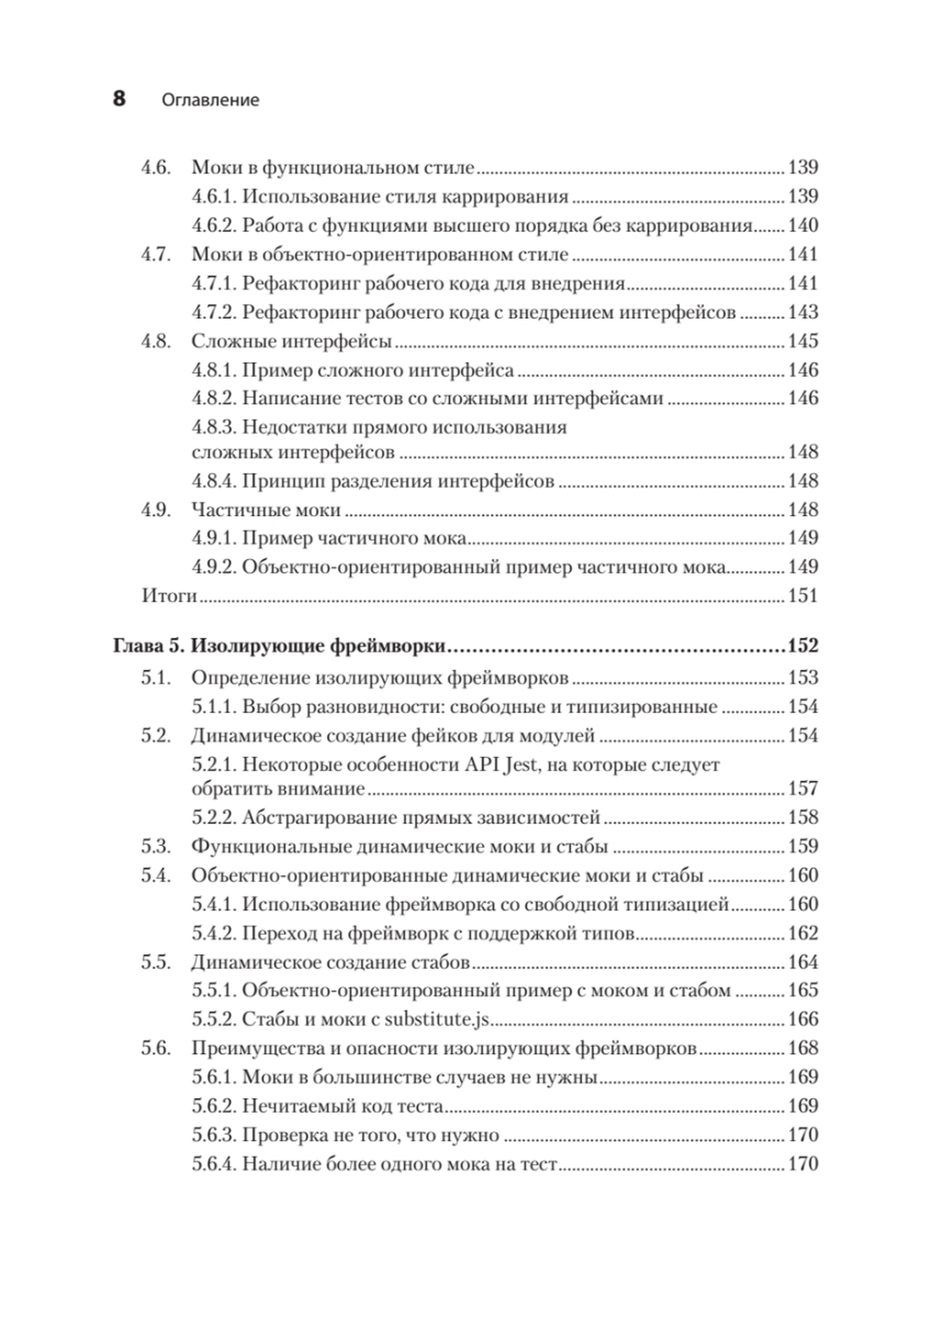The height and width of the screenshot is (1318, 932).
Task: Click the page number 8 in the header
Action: pyautogui.click(x=119, y=99)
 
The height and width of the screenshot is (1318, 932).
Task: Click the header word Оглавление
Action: pyautogui.click(x=210, y=100)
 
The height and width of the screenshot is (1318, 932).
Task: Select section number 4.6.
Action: pyautogui.click(x=156, y=167)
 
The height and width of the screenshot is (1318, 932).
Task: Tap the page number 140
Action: pyautogui.click(x=803, y=225)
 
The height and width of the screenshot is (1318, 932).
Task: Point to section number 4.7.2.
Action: pyautogui.click(x=214, y=312)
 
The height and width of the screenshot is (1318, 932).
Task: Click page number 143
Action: pyautogui.click(x=803, y=312)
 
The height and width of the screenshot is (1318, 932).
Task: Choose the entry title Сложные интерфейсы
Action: pyautogui.click(x=291, y=341)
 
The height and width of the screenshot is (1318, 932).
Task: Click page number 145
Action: pyautogui.click(x=803, y=341)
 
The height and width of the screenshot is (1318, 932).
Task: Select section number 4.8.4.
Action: pyautogui.click(x=214, y=481)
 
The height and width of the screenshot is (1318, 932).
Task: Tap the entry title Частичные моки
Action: pyautogui.click(x=266, y=510)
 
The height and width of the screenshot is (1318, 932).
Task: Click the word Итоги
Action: pyautogui.click(x=169, y=596)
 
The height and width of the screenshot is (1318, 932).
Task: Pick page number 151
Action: pyautogui.click(x=803, y=596)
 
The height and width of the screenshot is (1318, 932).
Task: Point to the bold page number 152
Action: pyautogui.click(x=803, y=646)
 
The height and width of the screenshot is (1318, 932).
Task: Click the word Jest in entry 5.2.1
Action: pyautogui.click(x=518, y=764)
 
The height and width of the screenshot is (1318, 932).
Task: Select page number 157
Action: pyautogui.click(x=803, y=788)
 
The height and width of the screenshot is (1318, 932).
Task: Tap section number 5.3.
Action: pyautogui.click(x=156, y=846)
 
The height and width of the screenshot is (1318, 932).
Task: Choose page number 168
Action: pyautogui.click(x=803, y=1048)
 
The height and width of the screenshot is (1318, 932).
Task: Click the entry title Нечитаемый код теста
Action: pyautogui.click(x=342, y=1106)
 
